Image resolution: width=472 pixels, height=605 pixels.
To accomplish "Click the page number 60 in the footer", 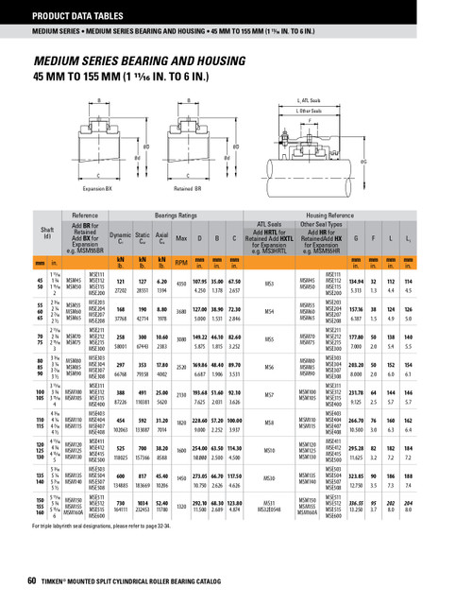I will [x=33, y=579].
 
